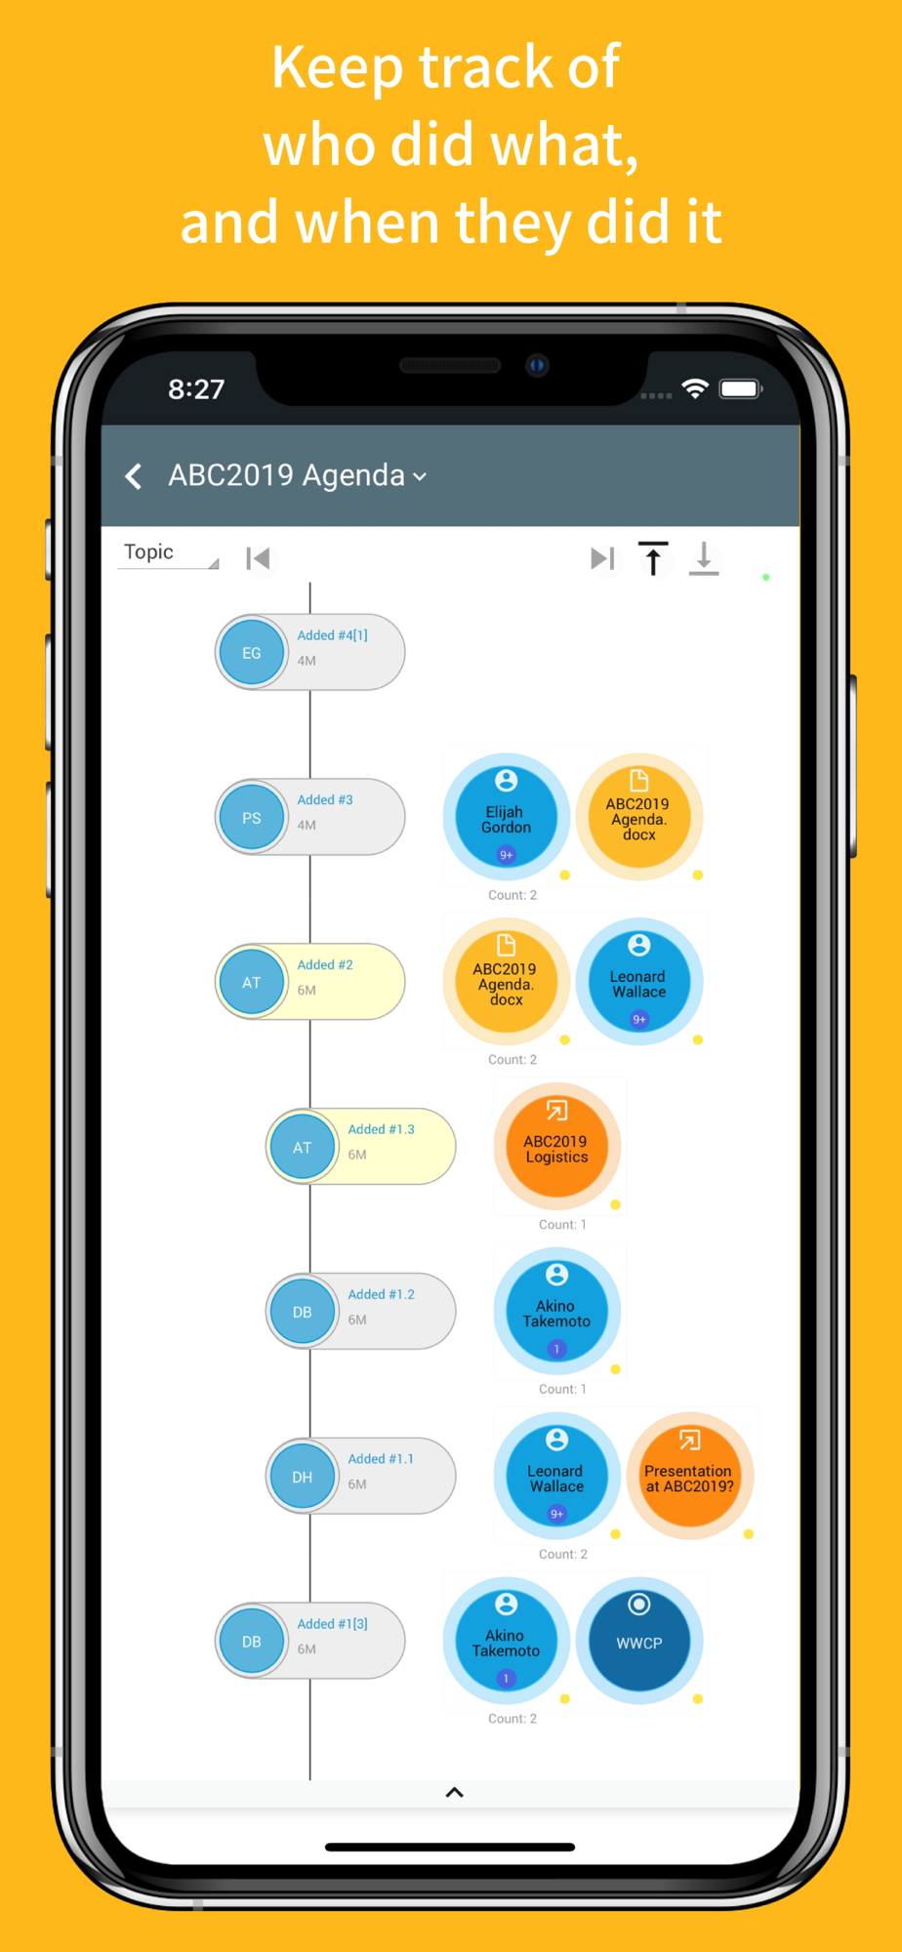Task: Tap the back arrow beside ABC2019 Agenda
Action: [x=134, y=476]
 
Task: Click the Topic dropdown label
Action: [x=148, y=551]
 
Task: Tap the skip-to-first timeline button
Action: [x=258, y=558]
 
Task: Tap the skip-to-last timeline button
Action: [x=603, y=558]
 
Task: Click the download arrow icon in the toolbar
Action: [x=704, y=559]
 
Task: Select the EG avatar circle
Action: [x=252, y=653]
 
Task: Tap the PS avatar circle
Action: [x=252, y=818]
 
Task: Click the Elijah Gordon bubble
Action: [x=506, y=817]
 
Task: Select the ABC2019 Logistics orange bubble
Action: [x=556, y=1146]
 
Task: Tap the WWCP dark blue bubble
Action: [x=639, y=1642]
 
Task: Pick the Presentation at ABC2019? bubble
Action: [x=689, y=1476]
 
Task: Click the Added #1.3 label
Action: [x=381, y=1129]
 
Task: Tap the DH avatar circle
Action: [x=303, y=1477]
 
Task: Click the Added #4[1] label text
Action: [x=332, y=635]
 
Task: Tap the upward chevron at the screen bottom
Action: [x=454, y=1792]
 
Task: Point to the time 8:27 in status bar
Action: [x=196, y=389]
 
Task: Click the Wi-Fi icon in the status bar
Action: [x=695, y=388]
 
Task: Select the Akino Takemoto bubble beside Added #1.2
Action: [x=556, y=1311]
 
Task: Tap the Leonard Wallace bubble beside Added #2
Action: [x=639, y=981]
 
